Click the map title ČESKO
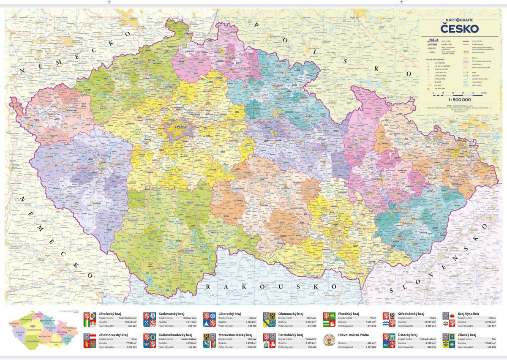pos(459,29)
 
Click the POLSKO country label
pos(322,51)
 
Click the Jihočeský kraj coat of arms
pos(90,319)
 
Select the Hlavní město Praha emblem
pos(329,341)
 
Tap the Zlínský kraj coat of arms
pos(449,341)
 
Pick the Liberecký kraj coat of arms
pos(210,319)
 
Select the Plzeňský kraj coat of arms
pos(329,319)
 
